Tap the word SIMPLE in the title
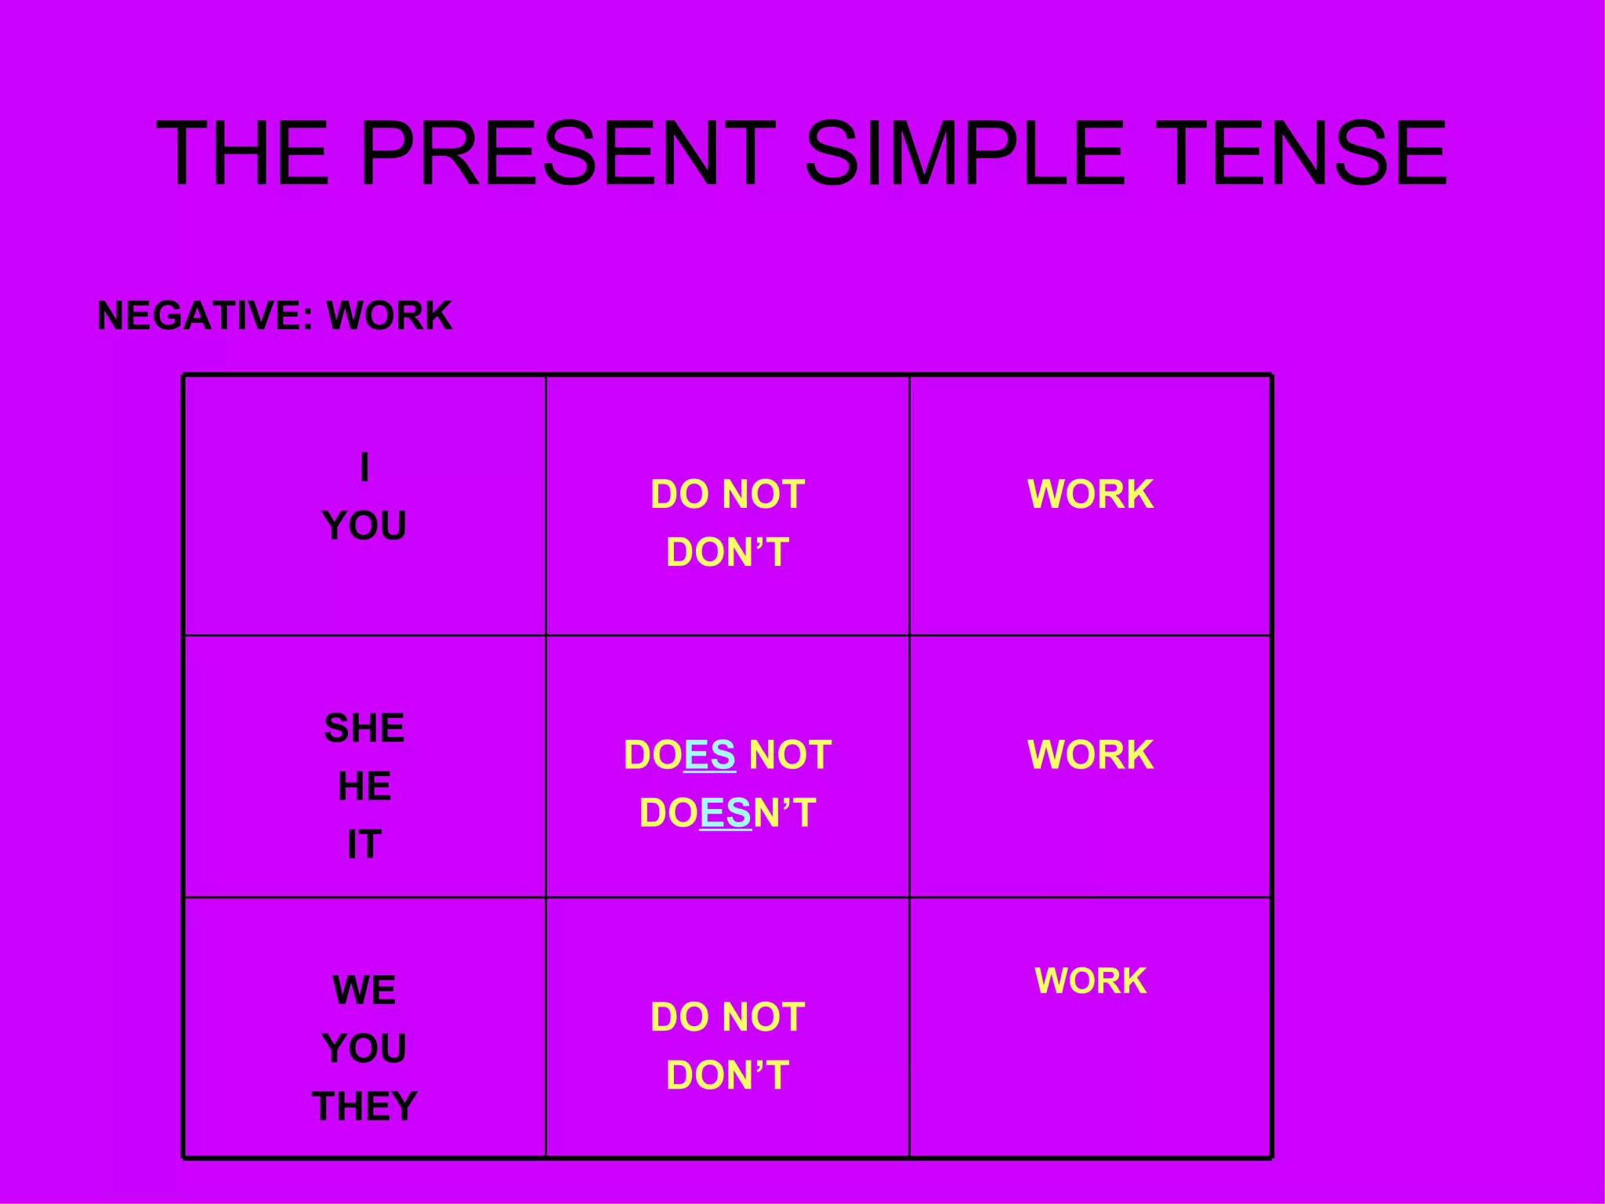pos(964,154)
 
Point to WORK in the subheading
pos(389,316)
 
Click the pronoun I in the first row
pos(364,468)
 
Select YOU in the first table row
pos(364,526)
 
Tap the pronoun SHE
pos(364,728)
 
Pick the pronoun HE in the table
pos(364,786)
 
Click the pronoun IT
pos(364,844)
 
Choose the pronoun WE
pos(364,990)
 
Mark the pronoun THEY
pos(364,1106)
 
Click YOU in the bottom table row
pos(364,1048)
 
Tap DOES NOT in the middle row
pos(727,755)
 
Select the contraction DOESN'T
pos(727,813)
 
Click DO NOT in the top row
pos(727,495)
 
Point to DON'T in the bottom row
pos(727,1075)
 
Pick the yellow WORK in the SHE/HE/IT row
pos(1090,755)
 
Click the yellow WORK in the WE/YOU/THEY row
pos(1090,981)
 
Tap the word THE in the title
pos(243,154)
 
